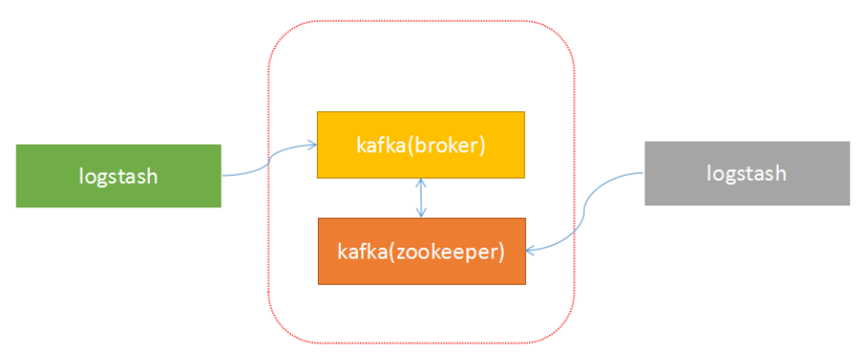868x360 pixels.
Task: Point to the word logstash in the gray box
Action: pyautogui.click(x=746, y=173)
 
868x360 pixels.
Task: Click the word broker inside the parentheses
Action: pyautogui.click(x=450, y=145)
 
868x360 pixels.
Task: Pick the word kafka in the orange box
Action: pyautogui.click(x=358, y=252)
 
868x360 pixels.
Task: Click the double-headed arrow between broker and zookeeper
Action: pyautogui.click(x=421, y=198)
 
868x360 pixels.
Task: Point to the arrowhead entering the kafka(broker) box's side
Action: pyautogui.click(x=312, y=145)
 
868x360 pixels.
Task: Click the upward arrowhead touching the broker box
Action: pyautogui.click(x=421, y=182)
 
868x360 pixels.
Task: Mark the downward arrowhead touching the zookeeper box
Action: pyautogui.click(x=421, y=213)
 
